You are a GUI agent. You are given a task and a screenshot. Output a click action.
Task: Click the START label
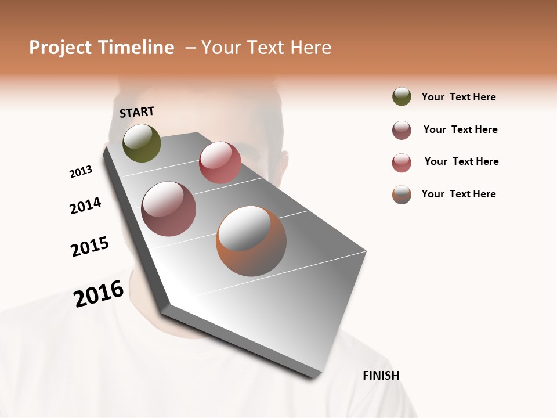point(137,112)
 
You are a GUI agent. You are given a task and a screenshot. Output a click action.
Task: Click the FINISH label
point(381,376)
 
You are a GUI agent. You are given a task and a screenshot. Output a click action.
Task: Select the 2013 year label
point(81,172)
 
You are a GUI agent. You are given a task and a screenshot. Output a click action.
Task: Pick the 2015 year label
point(90,247)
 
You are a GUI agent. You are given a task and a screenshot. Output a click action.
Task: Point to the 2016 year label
point(99,294)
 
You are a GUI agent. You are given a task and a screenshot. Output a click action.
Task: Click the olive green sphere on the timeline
point(142,143)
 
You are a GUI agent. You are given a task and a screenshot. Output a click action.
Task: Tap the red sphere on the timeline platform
point(220,163)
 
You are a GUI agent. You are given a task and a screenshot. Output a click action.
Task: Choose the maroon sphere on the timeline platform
point(169,209)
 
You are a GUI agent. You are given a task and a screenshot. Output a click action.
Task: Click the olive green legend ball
point(402,97)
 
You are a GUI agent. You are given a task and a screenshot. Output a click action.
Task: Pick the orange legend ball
point(402,194)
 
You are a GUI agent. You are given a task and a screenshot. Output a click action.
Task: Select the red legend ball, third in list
point(402,163)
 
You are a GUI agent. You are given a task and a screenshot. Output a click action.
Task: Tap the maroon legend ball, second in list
point(402,130)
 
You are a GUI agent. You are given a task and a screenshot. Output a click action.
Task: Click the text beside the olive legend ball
point(458,98)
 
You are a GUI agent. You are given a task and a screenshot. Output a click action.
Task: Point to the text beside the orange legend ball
point(458,194)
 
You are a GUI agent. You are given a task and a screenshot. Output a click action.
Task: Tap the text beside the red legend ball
point(461,161)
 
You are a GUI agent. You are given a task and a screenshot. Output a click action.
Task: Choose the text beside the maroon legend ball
point(460,129)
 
